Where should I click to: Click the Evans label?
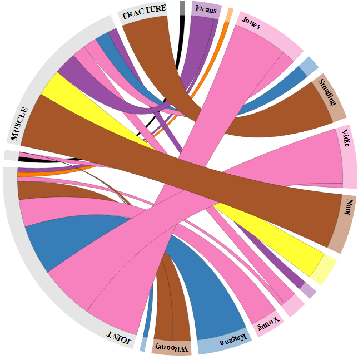click(206, 9)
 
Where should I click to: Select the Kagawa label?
click(221, 341)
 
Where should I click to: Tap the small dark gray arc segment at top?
click(182, 7)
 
